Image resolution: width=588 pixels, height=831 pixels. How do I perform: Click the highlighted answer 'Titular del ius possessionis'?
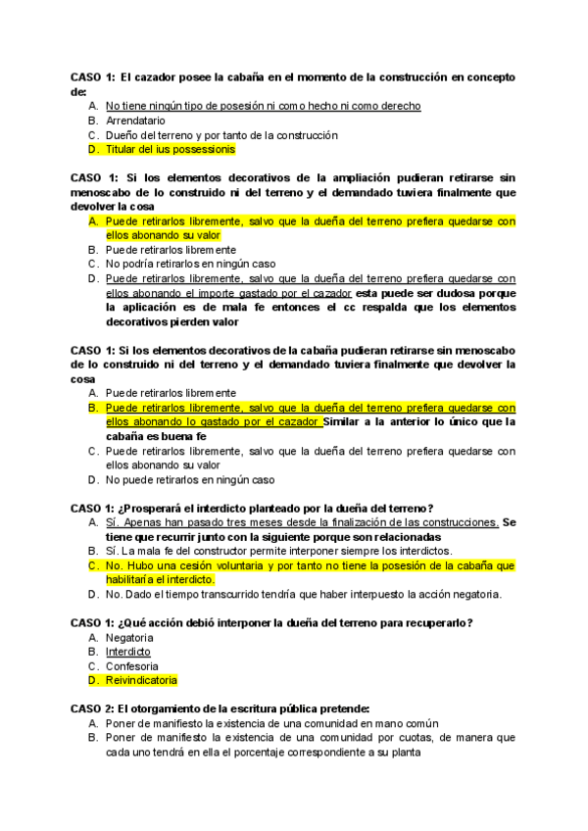tap(171, 150)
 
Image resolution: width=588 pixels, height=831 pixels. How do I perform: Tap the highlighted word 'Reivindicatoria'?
tap(142, 680)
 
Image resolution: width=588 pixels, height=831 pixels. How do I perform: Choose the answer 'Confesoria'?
tap(133, 666)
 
